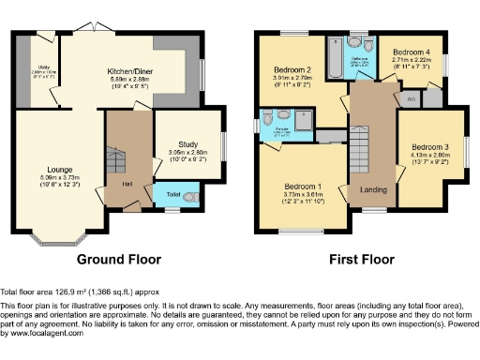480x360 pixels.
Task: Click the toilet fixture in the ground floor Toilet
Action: pyautogui.click(x=189, y=197)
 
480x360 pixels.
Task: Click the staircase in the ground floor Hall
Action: pyautogui.click(x=114, y=164)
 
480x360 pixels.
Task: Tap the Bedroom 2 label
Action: pyautogui.click(x=292, y=70)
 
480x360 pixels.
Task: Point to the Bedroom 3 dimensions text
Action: pyautogui.click(x=427, y=161)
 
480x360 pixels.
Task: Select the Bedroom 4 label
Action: pyautogui.click(x=410, y=52)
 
